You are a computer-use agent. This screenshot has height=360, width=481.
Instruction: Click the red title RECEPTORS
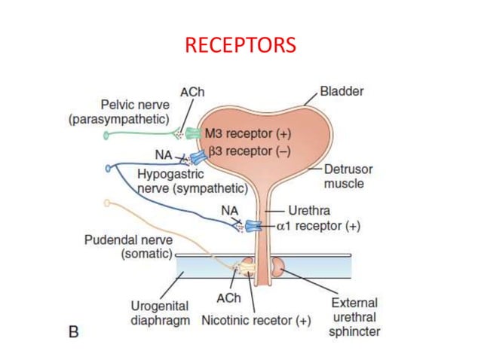click(x=240, y=46)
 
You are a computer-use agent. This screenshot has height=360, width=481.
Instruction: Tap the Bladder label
click(x=342, y=92)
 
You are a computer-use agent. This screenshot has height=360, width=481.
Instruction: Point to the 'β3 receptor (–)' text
click(x=247, y=150)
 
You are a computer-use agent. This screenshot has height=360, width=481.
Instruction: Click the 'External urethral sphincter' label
click(x=354, y=317)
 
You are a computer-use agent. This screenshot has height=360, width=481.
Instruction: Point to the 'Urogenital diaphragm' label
click(x=161, y=313)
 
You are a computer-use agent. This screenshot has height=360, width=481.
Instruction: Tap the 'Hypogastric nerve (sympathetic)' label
click(x=192, y=181)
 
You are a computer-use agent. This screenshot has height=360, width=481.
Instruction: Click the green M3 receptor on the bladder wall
click(x=194, y=134)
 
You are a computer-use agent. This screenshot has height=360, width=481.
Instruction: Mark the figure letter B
click(x=74, y=331)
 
